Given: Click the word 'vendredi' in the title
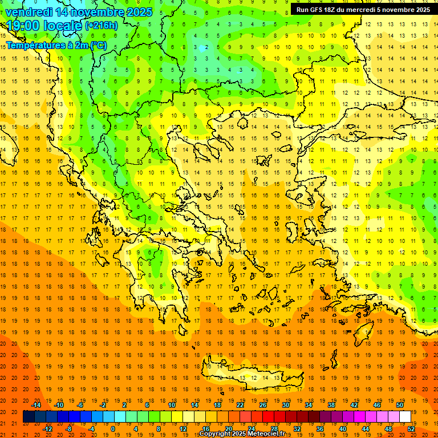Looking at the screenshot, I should point(29,12).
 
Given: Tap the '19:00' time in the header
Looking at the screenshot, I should point(23,26).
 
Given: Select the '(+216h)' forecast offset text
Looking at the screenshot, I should point(102,26).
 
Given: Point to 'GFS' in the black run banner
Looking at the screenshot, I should point(319,10).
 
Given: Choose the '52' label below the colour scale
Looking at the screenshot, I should point(411,429).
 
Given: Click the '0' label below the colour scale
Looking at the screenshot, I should point(112,429).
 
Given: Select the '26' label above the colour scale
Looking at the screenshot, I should point(263,405).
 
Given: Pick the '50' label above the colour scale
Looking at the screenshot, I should point(399,405).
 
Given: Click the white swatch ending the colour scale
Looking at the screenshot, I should point(405,417).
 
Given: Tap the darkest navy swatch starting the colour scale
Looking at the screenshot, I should point(29,417).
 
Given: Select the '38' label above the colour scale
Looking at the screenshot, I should point(331,405).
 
